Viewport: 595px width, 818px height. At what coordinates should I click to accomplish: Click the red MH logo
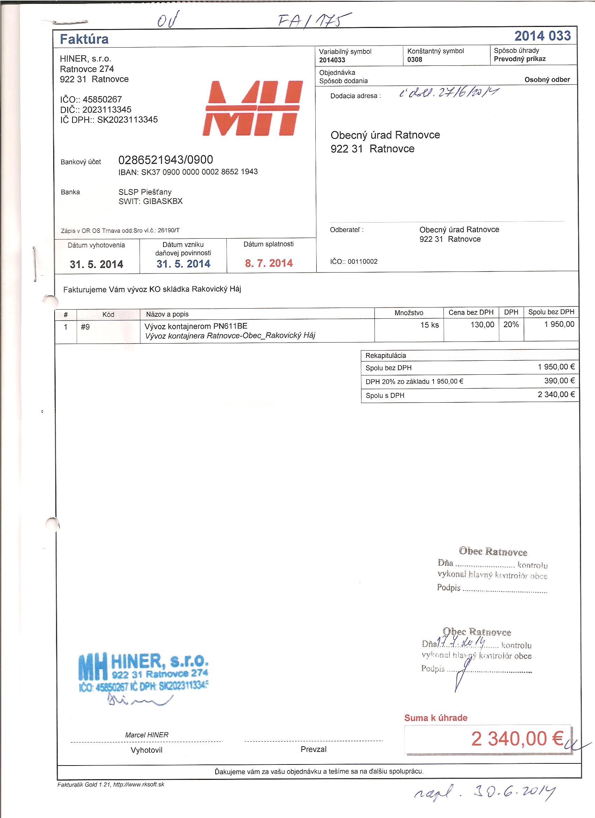pos(253,108)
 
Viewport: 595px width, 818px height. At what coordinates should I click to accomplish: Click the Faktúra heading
pos(84,39)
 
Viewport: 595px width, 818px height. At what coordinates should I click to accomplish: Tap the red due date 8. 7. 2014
pos(269,263)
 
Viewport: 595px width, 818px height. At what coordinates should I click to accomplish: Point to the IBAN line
pos(188,172)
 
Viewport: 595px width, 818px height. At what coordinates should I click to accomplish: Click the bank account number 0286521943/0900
pos(166,160)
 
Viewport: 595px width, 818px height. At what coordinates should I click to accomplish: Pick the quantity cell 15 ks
pos(429,325)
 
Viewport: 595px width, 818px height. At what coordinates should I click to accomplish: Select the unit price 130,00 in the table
pos(482,325)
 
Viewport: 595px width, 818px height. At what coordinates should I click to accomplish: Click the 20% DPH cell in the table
pos(511,324)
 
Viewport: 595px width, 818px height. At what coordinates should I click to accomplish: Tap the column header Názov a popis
pos(167,314)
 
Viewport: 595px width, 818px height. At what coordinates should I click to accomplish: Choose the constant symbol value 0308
pos(415,59)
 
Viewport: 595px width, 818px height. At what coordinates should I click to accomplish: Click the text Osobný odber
pos(547,80)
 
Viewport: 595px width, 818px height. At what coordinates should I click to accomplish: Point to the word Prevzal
pos(313,749)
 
